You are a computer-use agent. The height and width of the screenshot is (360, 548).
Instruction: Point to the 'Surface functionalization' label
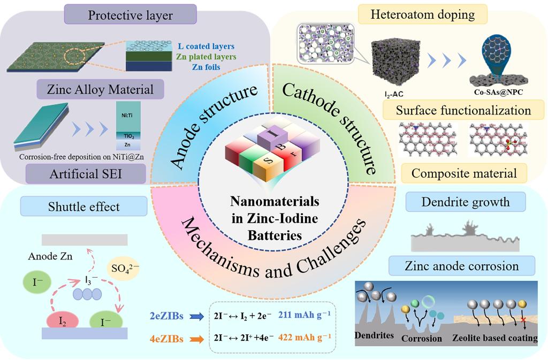pyautogui.click(x=463, y=111)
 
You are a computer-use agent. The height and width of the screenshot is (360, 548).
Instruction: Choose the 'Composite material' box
pyautogui.click(x=464, y=173)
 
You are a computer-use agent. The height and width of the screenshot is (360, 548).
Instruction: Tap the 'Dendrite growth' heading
pyautogui.click(x=464, y=202)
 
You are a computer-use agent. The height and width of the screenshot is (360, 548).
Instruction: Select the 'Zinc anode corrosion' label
pyautogui.click(x=462, y=266)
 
